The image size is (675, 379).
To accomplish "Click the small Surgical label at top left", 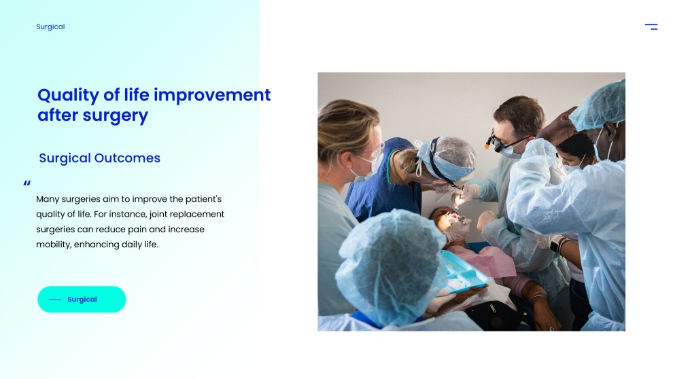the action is click(50, 26).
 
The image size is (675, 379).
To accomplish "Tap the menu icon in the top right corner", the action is click(651, 26).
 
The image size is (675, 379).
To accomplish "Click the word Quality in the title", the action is click(68, 95).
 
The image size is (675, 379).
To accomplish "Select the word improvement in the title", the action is click(212, 95).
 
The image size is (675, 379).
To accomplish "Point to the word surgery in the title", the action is click(115, 115).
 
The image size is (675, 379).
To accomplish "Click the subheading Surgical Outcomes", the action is click(99, 158).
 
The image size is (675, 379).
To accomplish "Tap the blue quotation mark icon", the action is click(27, 183).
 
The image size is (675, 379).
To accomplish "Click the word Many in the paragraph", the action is click(48, 199).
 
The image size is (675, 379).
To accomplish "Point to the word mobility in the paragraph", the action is click(54, 245).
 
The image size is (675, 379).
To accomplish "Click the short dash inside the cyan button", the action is click(55, 300).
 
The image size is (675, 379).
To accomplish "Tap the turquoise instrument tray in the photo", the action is click(464, 272).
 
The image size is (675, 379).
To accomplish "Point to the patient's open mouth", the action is click(453, 217).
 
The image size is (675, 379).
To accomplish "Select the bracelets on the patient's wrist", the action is click(538, 296).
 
